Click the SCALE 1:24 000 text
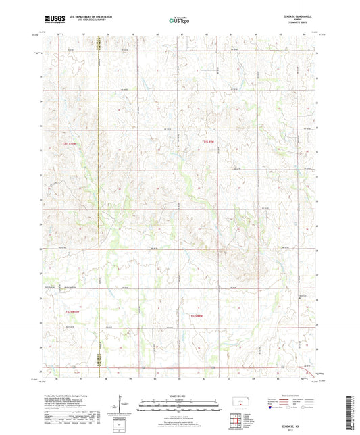[180, 395]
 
